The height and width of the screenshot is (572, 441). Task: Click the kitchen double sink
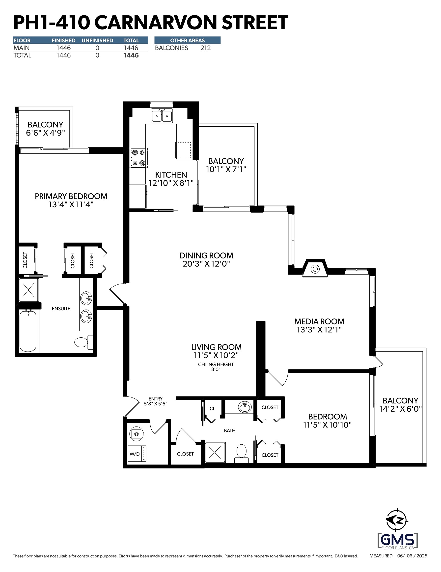162,116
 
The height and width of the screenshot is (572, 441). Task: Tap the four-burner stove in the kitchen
138,158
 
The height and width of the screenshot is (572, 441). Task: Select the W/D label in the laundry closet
135,454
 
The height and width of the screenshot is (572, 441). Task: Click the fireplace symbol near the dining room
315,269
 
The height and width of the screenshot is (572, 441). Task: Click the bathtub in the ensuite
28,331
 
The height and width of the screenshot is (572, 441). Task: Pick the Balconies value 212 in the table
205,48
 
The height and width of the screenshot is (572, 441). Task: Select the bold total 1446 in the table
131,55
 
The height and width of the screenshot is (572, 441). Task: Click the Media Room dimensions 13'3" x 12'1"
319,330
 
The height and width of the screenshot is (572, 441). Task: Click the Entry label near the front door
156,399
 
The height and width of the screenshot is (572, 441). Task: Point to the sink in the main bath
245,407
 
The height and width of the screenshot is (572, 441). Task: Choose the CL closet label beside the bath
212,409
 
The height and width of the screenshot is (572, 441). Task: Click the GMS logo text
398,540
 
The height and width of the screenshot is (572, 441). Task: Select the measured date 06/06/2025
412,556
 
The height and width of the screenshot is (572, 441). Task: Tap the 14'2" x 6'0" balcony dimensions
400,409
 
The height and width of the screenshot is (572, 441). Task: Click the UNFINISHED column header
97,40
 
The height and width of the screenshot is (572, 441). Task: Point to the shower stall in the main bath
215,452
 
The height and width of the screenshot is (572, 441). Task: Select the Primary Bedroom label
71,196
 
